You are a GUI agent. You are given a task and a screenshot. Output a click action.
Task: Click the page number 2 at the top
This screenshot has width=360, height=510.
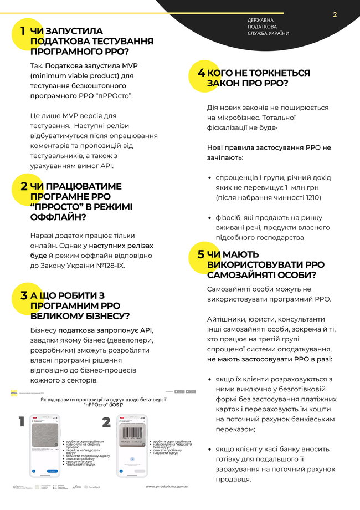(x=335, y=15)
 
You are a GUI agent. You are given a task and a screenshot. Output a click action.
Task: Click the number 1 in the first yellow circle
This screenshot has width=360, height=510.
(x=23, y=31)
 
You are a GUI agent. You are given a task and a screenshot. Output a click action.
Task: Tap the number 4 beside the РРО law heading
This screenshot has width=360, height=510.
(x=202, y=73)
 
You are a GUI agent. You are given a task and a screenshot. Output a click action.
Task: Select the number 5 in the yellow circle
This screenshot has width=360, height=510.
(x=200, y=254)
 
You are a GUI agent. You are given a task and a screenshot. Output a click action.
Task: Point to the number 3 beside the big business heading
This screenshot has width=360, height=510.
(x=24, y=295)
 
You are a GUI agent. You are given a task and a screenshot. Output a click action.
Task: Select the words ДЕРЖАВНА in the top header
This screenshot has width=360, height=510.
(x=263, y=21)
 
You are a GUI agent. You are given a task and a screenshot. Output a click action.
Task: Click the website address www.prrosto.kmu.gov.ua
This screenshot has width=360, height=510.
(x=171, y=487)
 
